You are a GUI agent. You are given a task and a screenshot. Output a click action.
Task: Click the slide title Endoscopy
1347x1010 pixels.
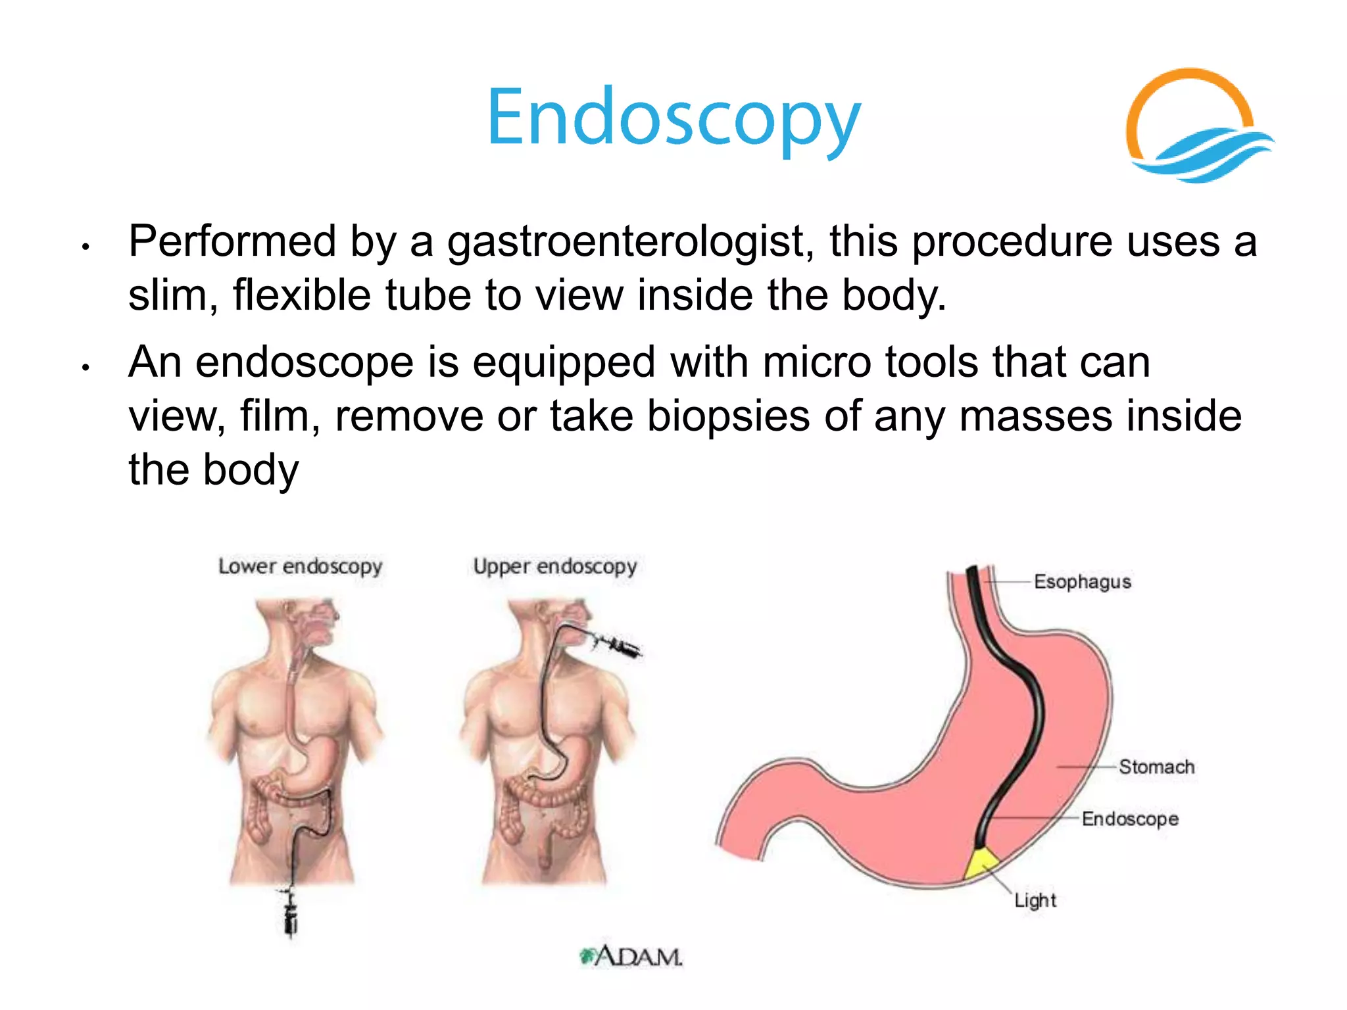click(x=673, y=118)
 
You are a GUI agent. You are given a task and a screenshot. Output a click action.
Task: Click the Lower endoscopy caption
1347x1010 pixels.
click(x=300, y=566)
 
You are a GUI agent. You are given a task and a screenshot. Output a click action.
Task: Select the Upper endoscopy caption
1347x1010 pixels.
click(x=555, y=566)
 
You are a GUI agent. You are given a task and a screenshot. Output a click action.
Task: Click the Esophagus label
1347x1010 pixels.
click(x=1082, y=582)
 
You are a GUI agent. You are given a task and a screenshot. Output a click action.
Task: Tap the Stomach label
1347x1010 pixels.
click(x=1156, y=767)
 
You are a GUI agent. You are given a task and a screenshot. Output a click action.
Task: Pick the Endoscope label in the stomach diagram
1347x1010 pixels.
click(x=1130, y=819)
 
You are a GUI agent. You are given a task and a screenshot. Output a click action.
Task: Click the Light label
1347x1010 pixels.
click(x=1035, y=900)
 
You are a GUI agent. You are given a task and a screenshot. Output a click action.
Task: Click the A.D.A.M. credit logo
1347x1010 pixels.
click(x=632, y=956)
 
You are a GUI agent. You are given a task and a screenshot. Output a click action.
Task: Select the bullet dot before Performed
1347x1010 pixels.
click(x=85, y=248)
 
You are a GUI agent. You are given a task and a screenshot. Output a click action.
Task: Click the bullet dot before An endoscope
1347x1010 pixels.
click(x=85, y=368)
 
